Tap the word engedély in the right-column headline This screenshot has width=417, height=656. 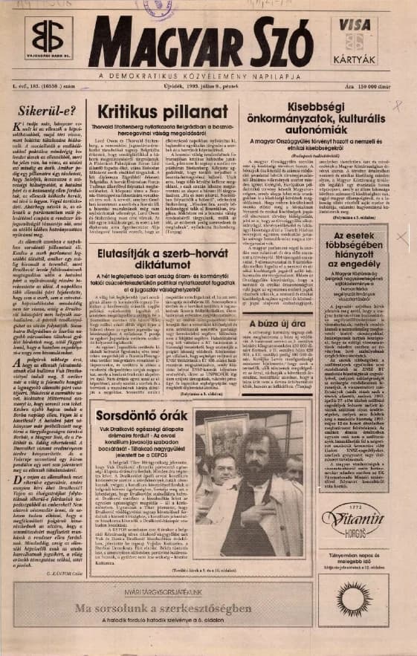[x=372, y=262]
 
